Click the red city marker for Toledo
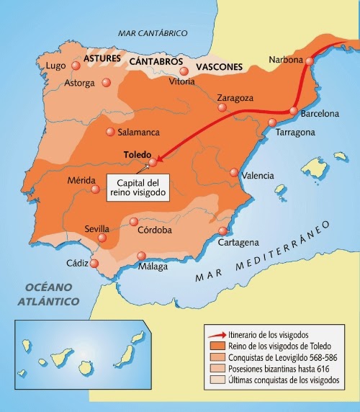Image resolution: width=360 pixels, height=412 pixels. pyautogui.click(x=152, y=163)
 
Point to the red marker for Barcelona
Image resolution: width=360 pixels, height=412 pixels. pyautogui.click(x=293, y=111)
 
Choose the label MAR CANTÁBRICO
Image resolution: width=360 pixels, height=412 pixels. pyautogui.click(x=153, y=33)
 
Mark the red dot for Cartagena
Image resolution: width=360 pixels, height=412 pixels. pyautogui.click(x=222, y=231)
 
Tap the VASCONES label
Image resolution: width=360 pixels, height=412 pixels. pyautogui.click(x=219, y=67)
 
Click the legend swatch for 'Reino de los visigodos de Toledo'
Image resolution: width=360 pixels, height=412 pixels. pyautogui.click(x=215, y=346)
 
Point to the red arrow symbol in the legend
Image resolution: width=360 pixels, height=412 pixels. pyautogui.click(x=215, y=335)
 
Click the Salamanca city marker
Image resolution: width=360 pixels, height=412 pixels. pyautogui.click(x=110, y=132)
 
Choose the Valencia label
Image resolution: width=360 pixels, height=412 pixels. pyautogui.click(x=258, y=176)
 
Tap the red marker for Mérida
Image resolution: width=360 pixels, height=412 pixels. pyautogui.click(x=96, y=189)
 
